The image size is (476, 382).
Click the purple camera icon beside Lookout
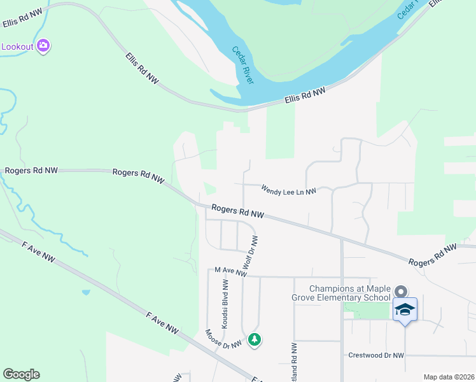[x=43, y=45]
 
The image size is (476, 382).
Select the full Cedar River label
[x=242, y=65]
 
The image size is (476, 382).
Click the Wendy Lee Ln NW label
[x=288, y=190]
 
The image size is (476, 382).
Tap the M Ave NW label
[x=230, y=272]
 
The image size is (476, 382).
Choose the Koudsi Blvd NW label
[x=225, y=310]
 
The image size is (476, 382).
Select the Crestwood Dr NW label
[x=376, y=355]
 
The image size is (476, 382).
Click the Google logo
[x=21, y=374]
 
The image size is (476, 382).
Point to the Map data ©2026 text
[x=449, y=377]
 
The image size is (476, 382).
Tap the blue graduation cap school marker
[x=405, y=310]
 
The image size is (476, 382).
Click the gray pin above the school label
[x=400, y=292]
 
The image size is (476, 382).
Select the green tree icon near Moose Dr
[x=255, y=339]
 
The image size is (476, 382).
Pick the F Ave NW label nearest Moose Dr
[x=162, y=322]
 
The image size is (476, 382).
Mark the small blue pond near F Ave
[x=85, y=293]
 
